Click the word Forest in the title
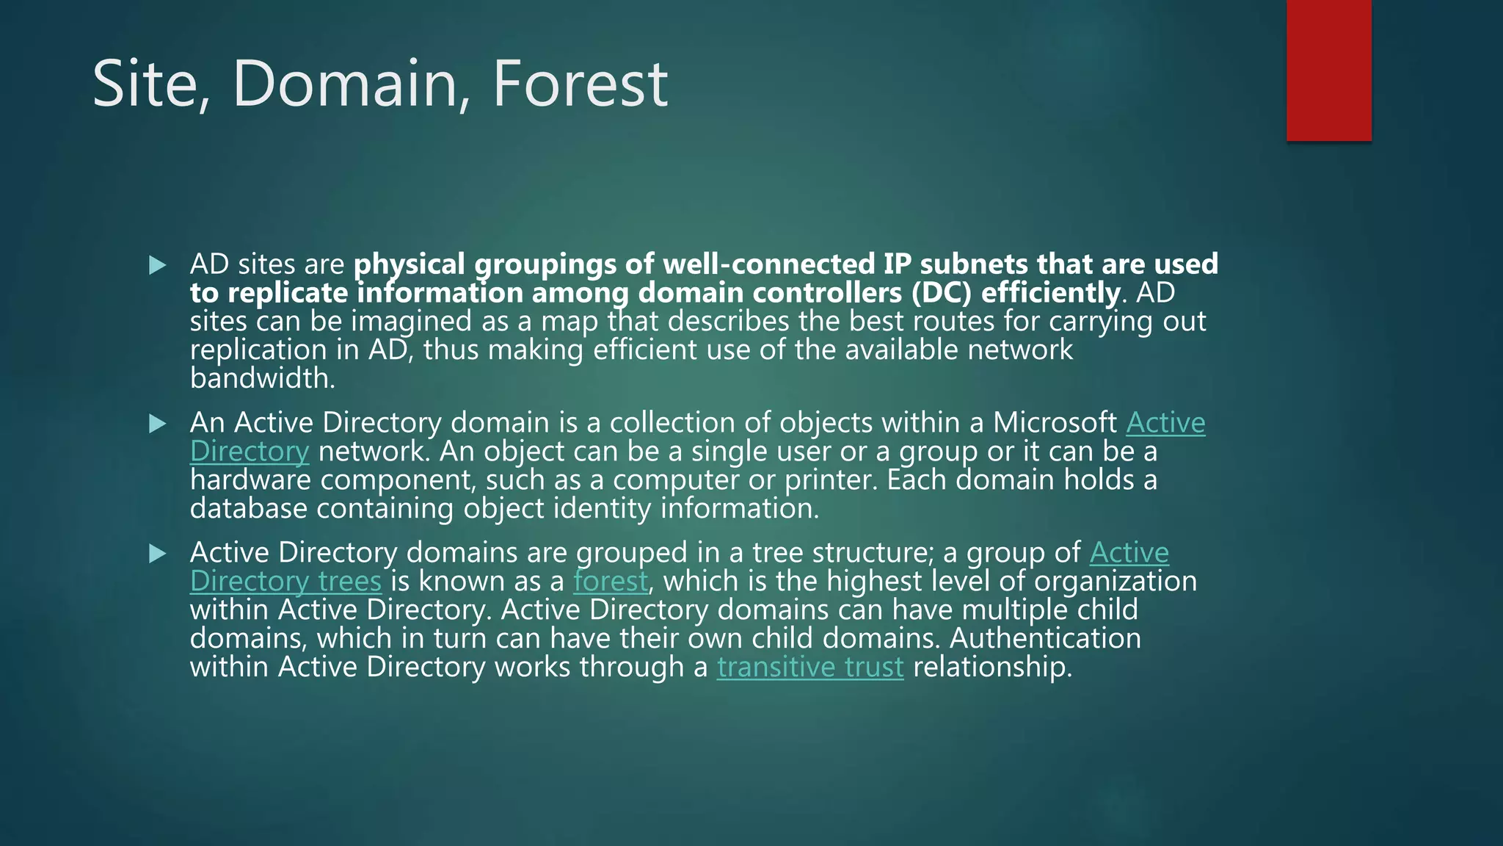[x=580, y=84]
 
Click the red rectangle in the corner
[x=1328, y=70]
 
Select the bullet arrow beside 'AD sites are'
[x=157, y=265]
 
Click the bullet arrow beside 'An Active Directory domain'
[x=157, y=424]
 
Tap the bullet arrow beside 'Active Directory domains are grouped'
[x=157, y=553]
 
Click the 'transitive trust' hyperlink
[x=810, y=667]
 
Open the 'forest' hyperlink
[x=611, y=581]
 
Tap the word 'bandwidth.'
[x=262, y=378]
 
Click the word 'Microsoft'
[x=1055, y=423]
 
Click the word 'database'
[x=248, y=508]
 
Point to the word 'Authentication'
[x=1045, y=638]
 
